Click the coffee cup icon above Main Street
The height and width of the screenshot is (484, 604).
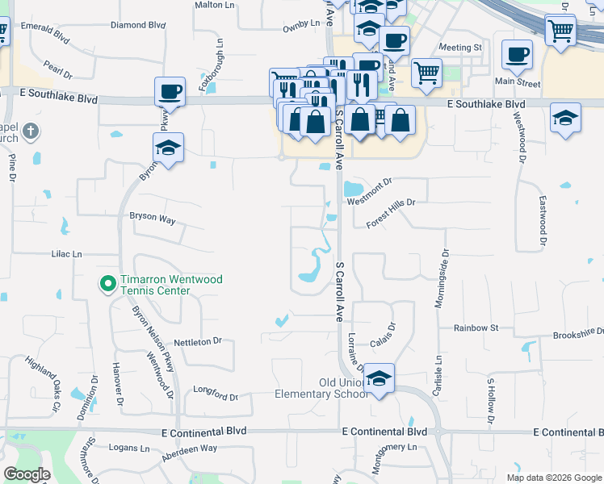tap(517, 55)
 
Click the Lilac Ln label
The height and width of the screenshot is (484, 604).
tap(67, 254)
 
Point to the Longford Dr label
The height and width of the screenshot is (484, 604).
tap(216, 396)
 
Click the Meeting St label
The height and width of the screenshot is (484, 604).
tap(460, 48)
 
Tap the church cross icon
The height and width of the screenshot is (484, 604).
tap(30, 131)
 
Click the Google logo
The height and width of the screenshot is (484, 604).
tap(27, 474)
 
